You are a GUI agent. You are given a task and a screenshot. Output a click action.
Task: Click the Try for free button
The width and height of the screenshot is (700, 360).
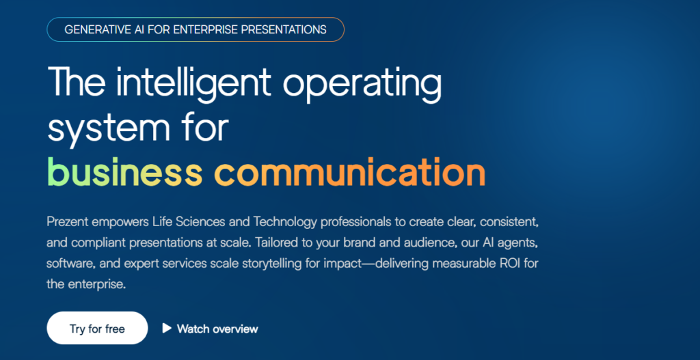[x=97, y=329]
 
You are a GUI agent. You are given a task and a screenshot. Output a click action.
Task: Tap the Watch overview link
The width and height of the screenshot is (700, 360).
[x=217, y=329]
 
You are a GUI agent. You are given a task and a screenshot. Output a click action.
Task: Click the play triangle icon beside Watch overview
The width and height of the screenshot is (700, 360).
[x=166, y=328]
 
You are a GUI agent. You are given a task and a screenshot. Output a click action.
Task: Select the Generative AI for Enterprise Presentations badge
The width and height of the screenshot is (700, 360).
[x=195, y=29]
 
